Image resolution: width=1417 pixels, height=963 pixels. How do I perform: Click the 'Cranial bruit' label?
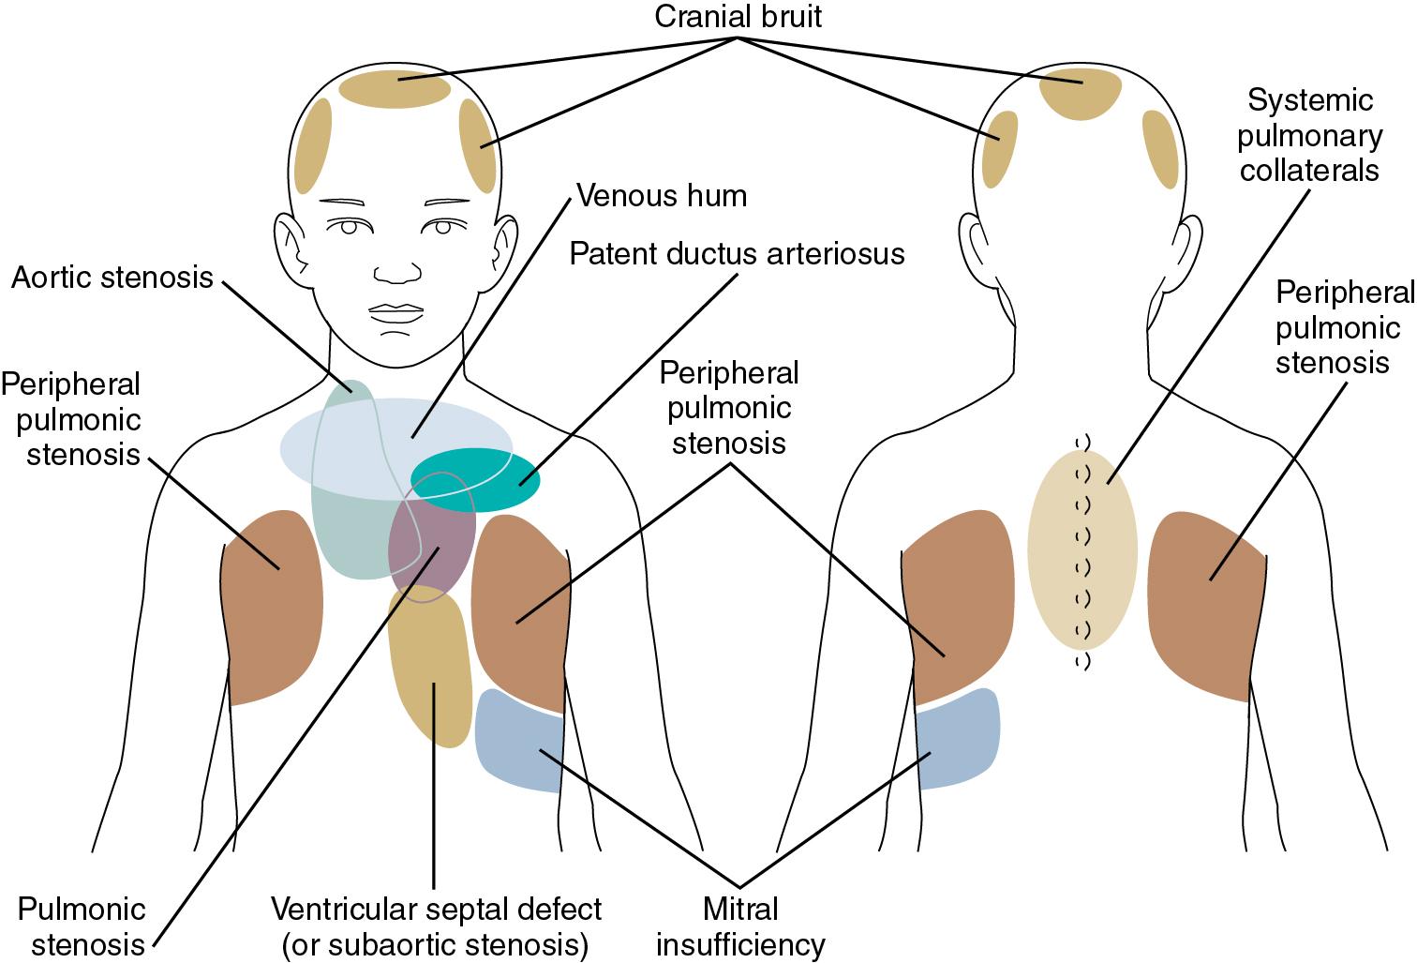(x=738, y=16)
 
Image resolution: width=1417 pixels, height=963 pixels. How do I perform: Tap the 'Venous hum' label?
(x=661, y=195)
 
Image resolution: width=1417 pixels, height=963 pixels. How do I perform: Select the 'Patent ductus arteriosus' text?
(x=737, y=253)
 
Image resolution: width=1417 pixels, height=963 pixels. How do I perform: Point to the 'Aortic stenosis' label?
(x=112, y=278)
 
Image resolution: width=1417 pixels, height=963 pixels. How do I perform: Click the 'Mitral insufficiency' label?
(x=740, y=926)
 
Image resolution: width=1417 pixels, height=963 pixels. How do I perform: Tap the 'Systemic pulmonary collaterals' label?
(x=1309, y=136)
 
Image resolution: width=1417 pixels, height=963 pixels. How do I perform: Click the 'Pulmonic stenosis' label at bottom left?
(x=82, y=926)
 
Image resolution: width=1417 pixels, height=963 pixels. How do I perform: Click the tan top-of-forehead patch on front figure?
(x=395, y=89)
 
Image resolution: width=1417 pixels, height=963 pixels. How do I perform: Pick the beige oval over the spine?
(x=1081, y=550)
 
